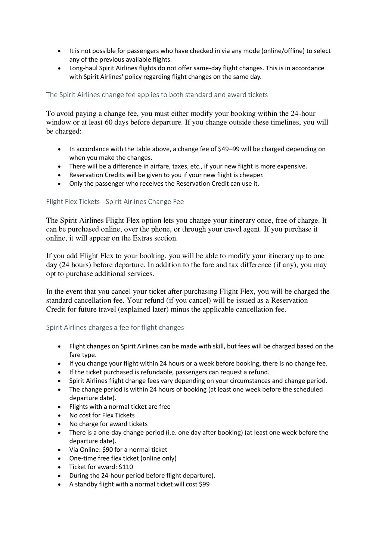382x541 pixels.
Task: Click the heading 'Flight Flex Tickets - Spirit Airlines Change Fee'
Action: pos(115,202)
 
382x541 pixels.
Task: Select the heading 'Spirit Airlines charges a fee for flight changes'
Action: pos(115,328)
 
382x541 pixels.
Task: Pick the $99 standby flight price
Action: pos(204,484)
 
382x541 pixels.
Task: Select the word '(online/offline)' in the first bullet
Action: pos(283,51)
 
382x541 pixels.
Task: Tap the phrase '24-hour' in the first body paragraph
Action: pos(303,114)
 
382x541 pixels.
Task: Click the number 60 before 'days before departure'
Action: pos(109,123)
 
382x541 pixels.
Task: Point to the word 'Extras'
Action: pos(143,238)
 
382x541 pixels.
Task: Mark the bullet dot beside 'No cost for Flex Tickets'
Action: pos(60,415)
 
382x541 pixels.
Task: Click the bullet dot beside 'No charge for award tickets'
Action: pos(60,424)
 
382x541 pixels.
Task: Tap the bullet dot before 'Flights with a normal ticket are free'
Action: pos(60,407)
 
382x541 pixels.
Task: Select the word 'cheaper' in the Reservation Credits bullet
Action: pos(251,175)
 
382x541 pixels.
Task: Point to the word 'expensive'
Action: pos(291,166)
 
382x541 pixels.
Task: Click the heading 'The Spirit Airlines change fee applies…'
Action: pos(157,95)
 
